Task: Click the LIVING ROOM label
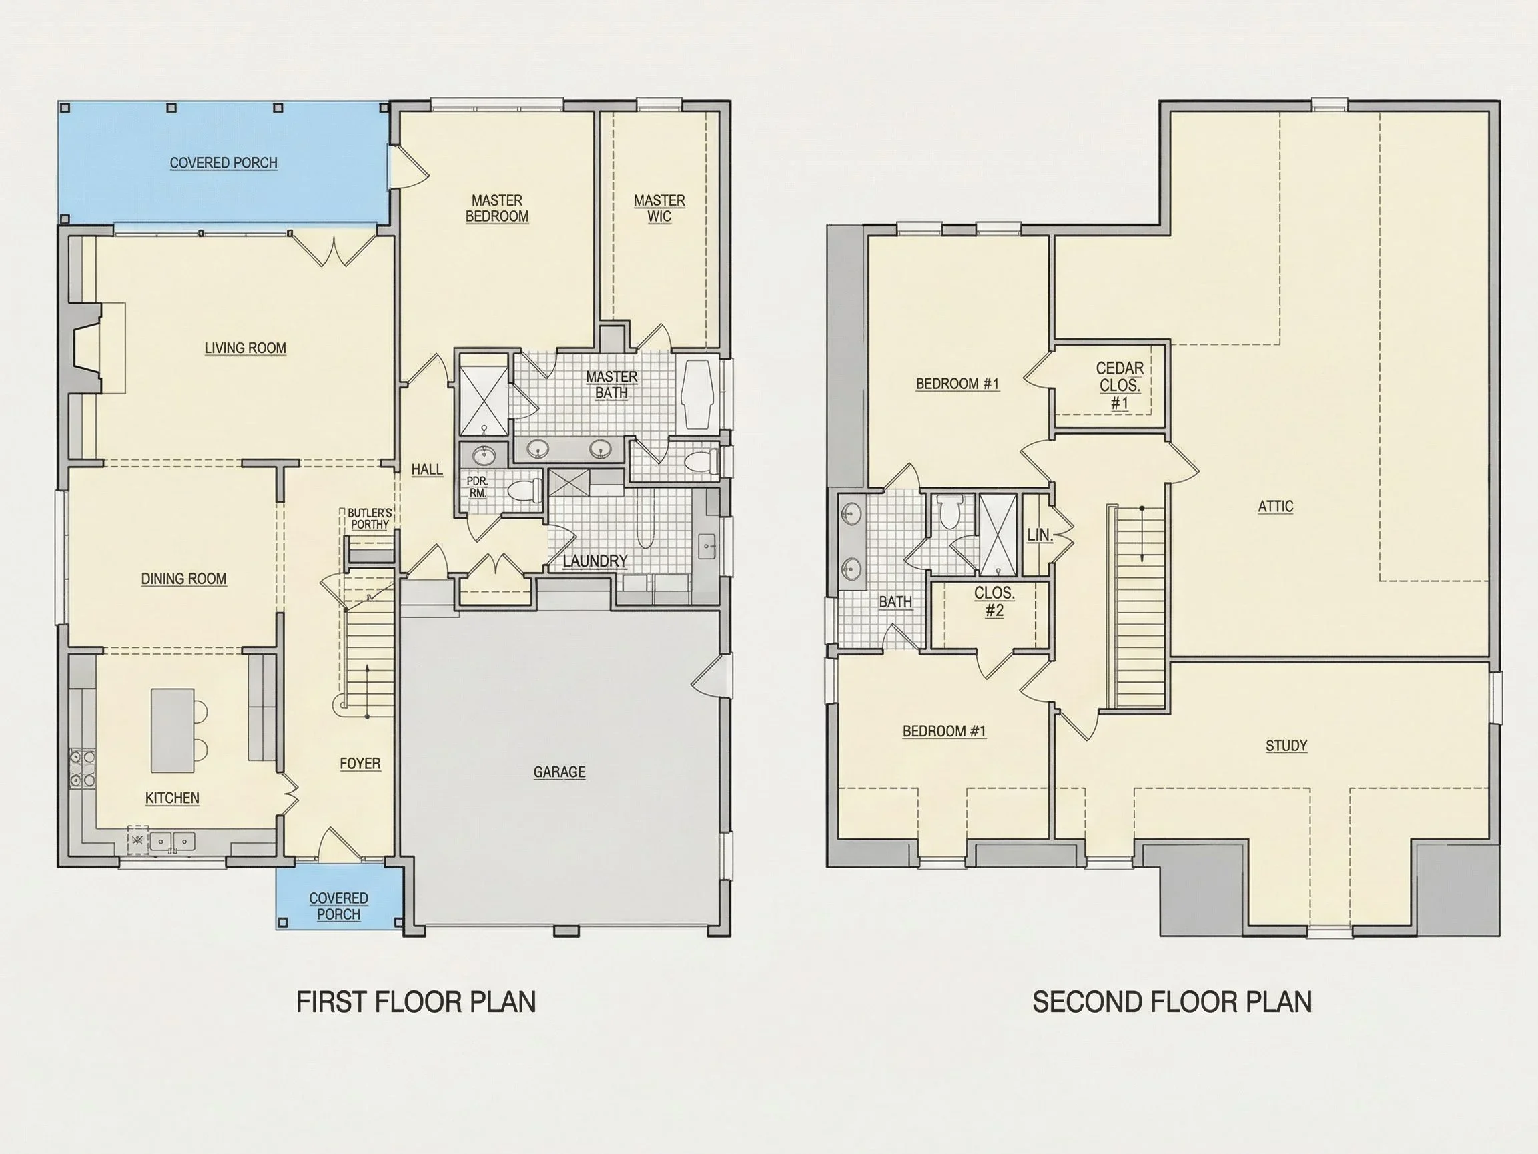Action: tap(246, 348)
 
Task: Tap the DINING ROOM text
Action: tap(183, 579)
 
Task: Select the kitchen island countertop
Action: tap(172, 730)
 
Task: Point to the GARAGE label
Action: tap(560, 772)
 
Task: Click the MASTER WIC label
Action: tap(659, 209)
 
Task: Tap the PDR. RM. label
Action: tap(478, 487)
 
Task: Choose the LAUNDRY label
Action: tap(595, 561)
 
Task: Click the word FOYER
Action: tap(360, 764)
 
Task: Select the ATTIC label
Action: tap(1276, 507)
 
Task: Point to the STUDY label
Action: tap(1286, 746)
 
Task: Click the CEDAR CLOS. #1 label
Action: tap(1120, 385)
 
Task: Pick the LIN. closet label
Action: tap(1040, 535)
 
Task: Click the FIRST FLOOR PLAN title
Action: tap(416, 1002)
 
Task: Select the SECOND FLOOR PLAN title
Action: tap(1172, 1002)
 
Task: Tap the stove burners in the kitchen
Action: tap(82, 769)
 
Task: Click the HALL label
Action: tap(427, 469)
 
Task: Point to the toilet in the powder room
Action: tap(525, 490)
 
